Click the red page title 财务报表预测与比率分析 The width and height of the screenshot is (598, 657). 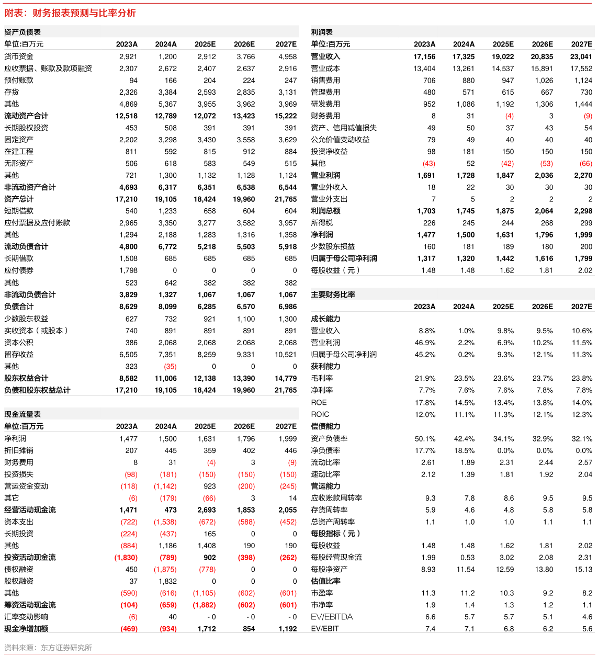click(84, 13)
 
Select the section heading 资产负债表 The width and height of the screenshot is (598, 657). click(22, 32)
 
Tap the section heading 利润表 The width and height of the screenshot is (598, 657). click(321, 32)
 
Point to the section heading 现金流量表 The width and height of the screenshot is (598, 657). click(22, 414)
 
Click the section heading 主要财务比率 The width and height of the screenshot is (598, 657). click(333, 294)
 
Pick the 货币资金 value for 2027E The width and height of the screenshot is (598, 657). click(287, 56)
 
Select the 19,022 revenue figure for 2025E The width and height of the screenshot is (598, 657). click(503, 56)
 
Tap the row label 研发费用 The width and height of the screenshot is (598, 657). click(325, 104)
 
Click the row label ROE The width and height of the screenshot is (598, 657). click(319, 402)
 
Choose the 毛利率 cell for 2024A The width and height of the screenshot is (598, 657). click(464, 378)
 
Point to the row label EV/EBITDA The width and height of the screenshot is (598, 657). click(332, 617)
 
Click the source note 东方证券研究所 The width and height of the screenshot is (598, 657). click(66, 648)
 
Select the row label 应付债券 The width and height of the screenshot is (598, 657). click(19, 270)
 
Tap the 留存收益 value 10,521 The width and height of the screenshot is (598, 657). click(286, 354)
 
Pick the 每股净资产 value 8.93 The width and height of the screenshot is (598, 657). click(428, 569)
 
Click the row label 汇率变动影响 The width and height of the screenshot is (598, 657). click(26, 617)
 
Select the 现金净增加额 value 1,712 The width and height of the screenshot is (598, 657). click(207, 629)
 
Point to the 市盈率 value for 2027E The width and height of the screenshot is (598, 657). click(587, 593)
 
